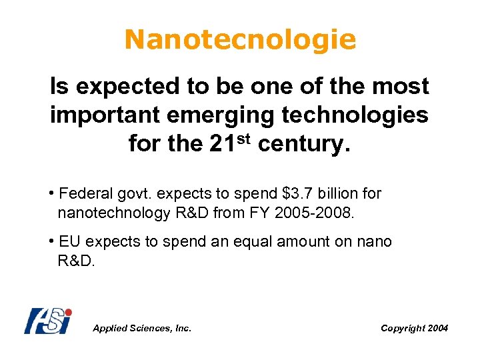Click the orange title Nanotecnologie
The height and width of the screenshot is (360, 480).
pyautogui.click(x=240, y=40)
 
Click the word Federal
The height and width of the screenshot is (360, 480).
pyautogui.click(x=86, y=194)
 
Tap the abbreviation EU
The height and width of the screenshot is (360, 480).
pyautogui.click(x=69, y=241)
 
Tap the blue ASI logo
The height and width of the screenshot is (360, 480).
pyautogui.click(x=47, y=321)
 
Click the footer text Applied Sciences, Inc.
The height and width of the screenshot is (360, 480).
pyautogui.click(x=142, y=328)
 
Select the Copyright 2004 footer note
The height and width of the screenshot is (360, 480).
pyautogui.click(x=414, y=328)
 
